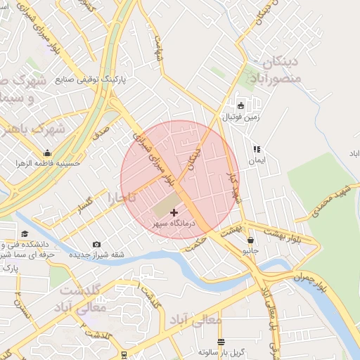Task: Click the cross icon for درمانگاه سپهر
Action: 174,212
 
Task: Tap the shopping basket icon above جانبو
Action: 251,240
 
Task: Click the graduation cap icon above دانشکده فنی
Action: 25,234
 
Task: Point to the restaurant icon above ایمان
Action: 257,149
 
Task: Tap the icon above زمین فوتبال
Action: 241,106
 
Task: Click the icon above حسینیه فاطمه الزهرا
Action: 48,153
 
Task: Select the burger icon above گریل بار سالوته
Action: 221,342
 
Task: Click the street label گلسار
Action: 90,205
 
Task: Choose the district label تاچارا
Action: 121,198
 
